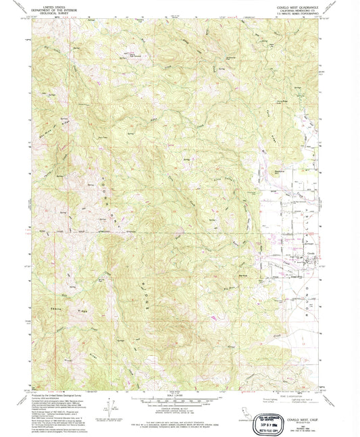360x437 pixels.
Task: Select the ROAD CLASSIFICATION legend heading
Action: pos(281,392)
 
